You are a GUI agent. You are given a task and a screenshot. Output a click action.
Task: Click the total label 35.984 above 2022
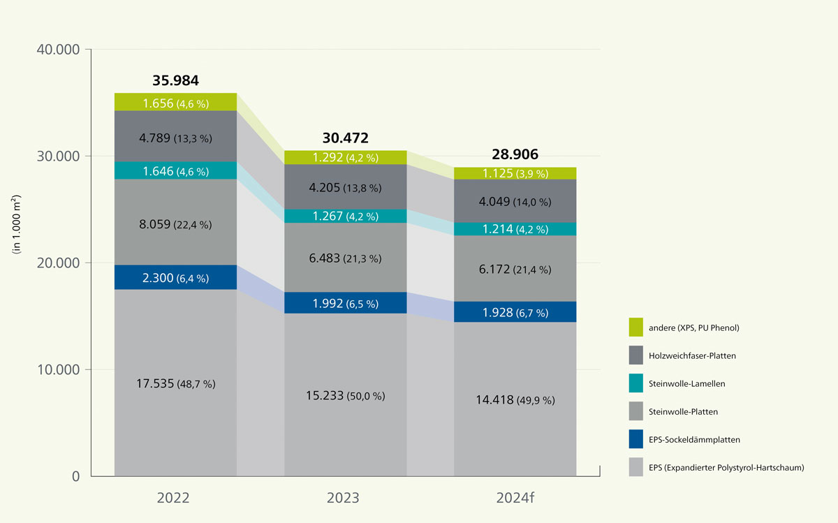click(x=175, y=80)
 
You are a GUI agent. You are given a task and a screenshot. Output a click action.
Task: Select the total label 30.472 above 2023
click(x=345, y=138)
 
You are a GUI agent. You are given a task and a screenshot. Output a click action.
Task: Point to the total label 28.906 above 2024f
click(x=515, y=155)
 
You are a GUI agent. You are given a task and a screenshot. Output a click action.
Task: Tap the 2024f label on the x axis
click(x=515, y=498)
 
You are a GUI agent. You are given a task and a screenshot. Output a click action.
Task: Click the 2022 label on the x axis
click(x=175, y=498)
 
